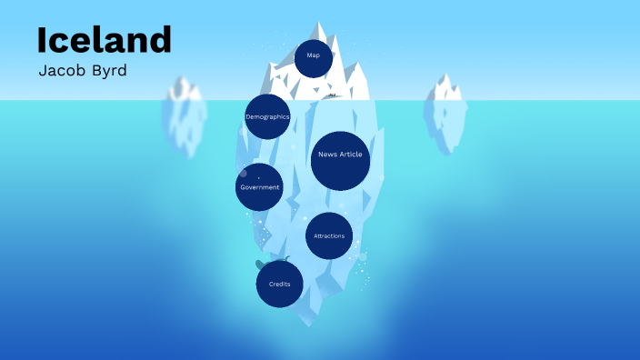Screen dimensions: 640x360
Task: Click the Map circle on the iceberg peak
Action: click(x=314, y=57)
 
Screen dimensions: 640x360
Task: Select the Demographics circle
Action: click(x=267, y=116)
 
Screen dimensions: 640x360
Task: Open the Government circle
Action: click(x=259, y=187)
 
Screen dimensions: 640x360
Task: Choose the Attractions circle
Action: click(x=329, y=236)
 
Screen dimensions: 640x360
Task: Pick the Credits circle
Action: click(x=280, y=284)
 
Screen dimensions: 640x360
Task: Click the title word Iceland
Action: click(x=104, y=40)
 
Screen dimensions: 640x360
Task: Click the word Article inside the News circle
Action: click(x=351, y=155)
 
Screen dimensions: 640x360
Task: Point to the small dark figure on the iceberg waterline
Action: click(x=333, y=95)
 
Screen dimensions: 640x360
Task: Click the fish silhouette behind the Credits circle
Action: click(x=261, y=265)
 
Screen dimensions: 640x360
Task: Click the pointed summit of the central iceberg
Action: click(x=319, y=24)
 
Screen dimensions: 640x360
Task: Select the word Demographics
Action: click(x=267, y=117)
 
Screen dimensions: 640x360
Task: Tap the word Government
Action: click(x=260, y=187)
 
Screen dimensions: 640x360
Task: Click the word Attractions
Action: click(x=329, y=236)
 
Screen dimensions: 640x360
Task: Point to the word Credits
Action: click(x=280, y=285)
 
